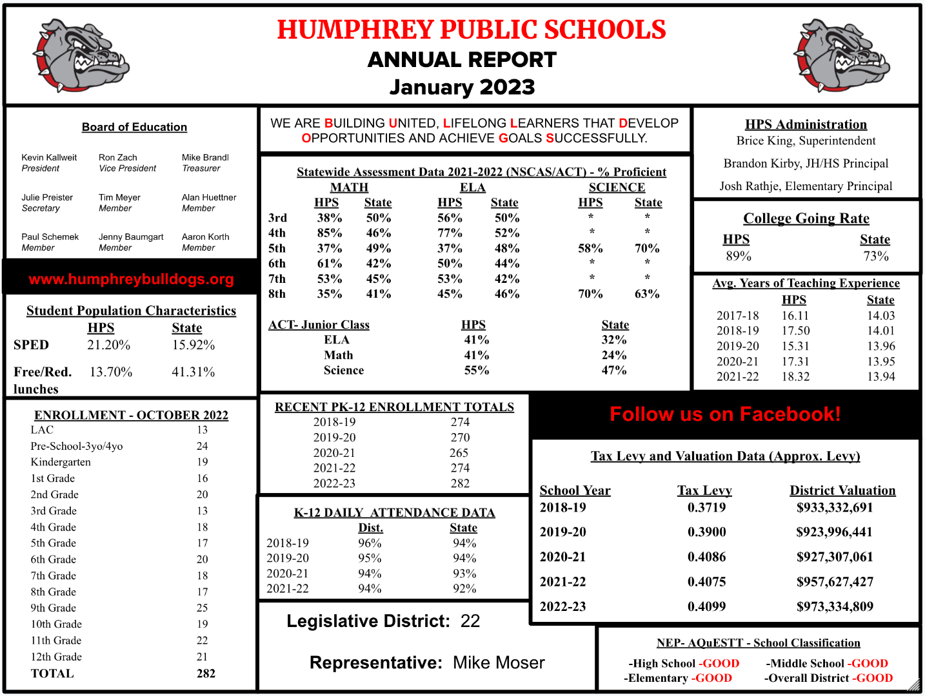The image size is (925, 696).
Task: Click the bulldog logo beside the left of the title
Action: click(x=81, y=56)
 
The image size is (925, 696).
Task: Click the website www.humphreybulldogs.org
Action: click(x=131, y=279)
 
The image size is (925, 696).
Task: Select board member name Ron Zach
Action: click(x=118, y=157)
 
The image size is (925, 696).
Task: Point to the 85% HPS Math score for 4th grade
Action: click(x=330, y=233)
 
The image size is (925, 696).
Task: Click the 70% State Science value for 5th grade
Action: click(x=647, y=248)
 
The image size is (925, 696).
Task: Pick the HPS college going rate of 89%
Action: click(x=739, y=256)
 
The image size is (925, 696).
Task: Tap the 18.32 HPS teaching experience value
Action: click(x=795, y=376)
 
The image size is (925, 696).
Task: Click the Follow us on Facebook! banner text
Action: click(x=725, y=414)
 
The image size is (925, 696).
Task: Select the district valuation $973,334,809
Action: click(x=835, y=606)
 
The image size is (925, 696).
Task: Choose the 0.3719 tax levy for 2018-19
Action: click(x=706, y=507)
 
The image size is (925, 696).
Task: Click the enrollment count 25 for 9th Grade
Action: click(x=203, y=608)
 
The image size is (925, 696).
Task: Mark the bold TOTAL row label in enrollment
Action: click(x=52, y=673)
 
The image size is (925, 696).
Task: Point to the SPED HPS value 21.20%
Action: click(x=109, y=345)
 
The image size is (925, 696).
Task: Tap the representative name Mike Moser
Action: click(x=499, y=662)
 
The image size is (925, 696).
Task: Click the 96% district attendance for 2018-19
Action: click(x=370, y=543)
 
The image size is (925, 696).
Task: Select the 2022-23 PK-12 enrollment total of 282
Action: click(x=460, y=483)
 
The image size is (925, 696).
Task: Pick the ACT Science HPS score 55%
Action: click(x=477, y=370)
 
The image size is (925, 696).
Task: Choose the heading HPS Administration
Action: click(x=806, y=124)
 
